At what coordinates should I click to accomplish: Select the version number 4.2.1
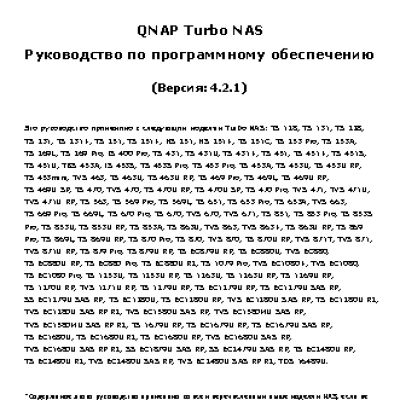pyautogui.click(x=230, y=87)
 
